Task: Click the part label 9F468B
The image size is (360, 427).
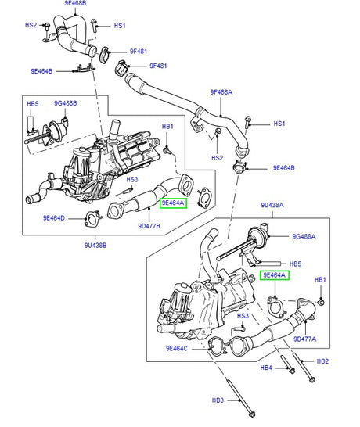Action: pyautogui.click(x=75, y=4)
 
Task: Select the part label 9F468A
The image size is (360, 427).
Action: pyautogui.click(x=221, y=91)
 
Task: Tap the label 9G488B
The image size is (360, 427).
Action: pyautogui.click(x=67, y=103)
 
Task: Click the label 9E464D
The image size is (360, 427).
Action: pyautogui.click(x=55, y=217)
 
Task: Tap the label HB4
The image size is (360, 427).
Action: pyautogui.click(x=265, y=367)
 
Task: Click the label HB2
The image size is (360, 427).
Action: pyautogui.click(x=322, y=361)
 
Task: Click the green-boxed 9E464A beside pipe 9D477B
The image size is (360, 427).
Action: pyautogui.click(x=172, y=203)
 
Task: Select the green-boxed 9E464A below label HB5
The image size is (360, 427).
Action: pyautogui.click(x=275, y=275)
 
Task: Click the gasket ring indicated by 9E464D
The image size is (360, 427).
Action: pyautogui.click(x=90, y=218)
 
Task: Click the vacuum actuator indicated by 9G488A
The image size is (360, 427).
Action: pyautogui.click(x=254, y=236)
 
